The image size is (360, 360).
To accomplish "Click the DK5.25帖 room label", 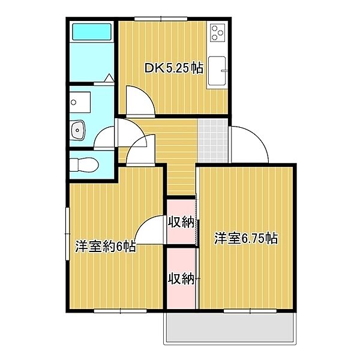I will pyautogui.click(x=173, y=68).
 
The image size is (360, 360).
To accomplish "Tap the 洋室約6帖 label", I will pyautogui.click(x=106, y=246).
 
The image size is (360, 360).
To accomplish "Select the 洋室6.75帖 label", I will pyautogui.click(x=246, y=238).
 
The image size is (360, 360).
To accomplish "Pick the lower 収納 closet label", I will pyautogui.click(x=181, y=278).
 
